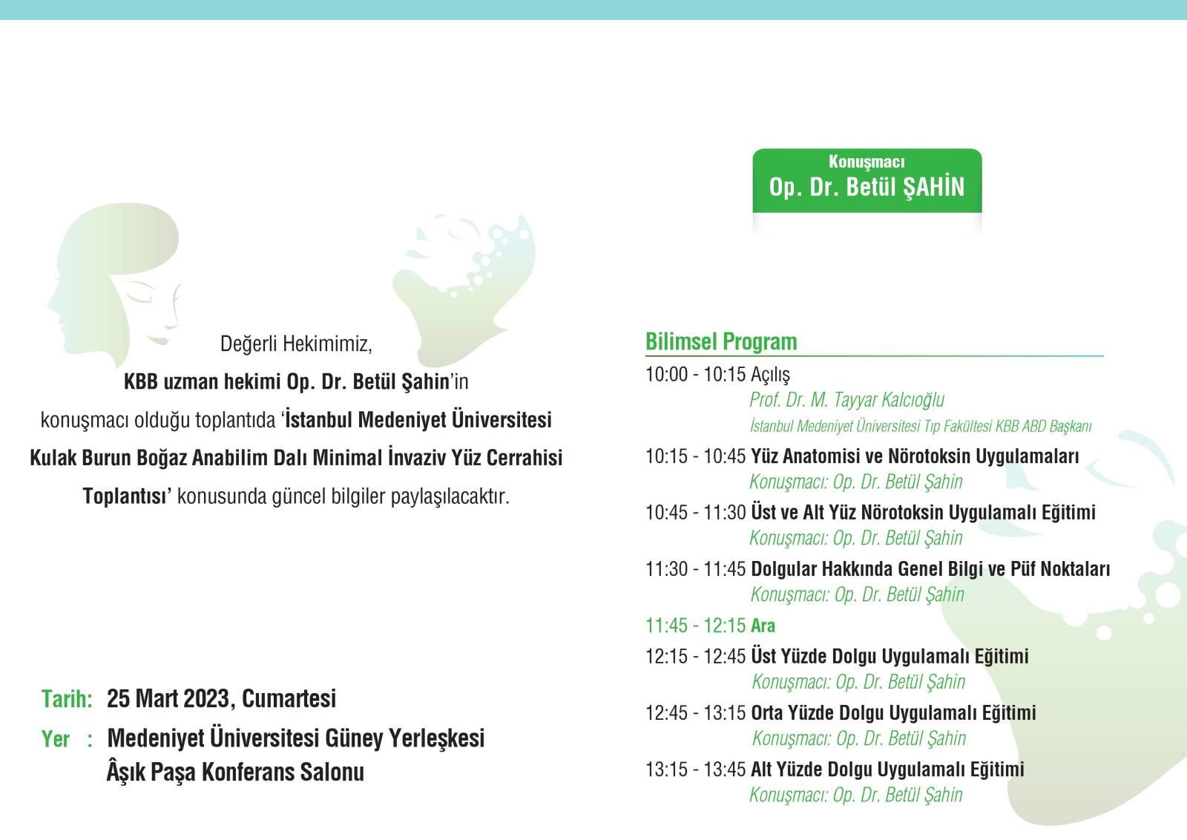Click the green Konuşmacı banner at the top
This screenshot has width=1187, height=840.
[867, 181]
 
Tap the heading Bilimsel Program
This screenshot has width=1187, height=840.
[720, 342]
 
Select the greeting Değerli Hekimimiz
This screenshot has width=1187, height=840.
[296, 344]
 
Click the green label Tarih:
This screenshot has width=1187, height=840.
[67, 699]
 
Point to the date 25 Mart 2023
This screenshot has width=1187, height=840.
[171, 698]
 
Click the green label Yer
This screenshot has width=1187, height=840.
[55, 739]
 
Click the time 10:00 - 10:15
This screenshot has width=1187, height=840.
[695, 374]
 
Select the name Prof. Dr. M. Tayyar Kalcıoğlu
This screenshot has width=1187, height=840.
[846, 400]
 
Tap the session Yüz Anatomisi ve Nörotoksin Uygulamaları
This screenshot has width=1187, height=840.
[915, 456]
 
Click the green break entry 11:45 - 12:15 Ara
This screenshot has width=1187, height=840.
[710, 626]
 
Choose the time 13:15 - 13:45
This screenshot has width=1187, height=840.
[695, 769]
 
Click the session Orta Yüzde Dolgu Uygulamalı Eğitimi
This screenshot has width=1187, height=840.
[893, 713]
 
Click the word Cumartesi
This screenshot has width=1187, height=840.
[289, 698]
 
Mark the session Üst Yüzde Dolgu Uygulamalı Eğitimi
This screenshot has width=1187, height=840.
[890, 657]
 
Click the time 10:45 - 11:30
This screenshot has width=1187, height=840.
[695, 513]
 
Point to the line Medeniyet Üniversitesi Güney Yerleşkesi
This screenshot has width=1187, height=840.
[296, 738]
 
